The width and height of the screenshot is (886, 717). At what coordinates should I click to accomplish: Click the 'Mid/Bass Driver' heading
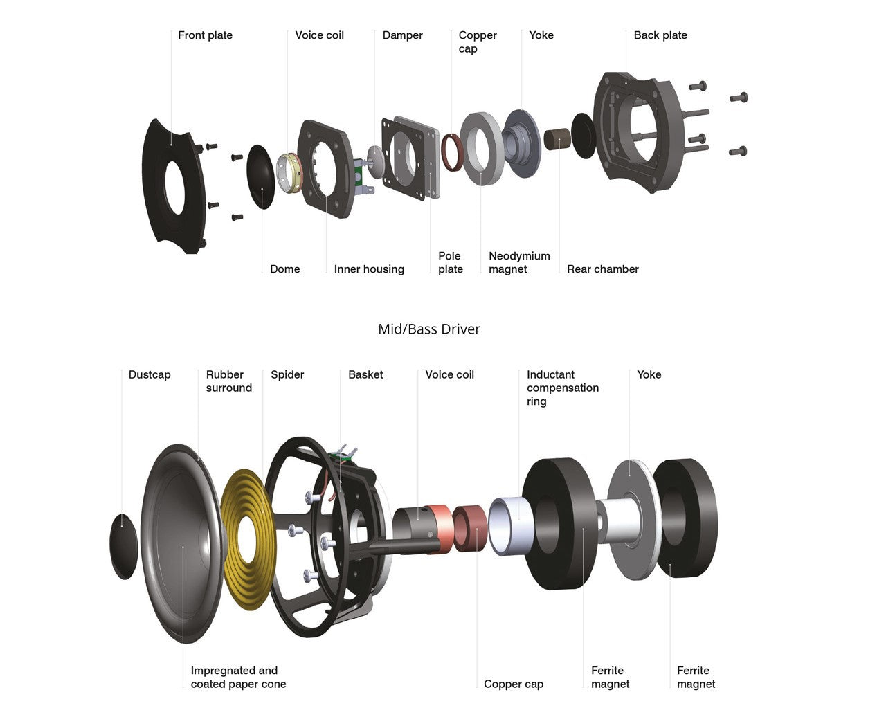428,329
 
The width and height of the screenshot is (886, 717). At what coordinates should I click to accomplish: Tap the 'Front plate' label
205,35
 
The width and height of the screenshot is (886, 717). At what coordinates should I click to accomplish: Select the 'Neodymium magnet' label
518,262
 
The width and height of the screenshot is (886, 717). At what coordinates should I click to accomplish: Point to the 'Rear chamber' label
602,269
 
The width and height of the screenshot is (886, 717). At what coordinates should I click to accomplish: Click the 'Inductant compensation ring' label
562,388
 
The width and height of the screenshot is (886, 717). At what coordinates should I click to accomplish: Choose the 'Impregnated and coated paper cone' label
237,677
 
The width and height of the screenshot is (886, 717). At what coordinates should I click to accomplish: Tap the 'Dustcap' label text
149,374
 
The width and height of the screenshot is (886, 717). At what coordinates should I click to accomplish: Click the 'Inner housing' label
368,269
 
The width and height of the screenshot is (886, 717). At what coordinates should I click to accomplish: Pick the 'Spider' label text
287,374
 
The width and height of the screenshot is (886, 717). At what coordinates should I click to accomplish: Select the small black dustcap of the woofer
125,546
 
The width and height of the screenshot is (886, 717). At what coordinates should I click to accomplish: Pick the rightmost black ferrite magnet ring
685,519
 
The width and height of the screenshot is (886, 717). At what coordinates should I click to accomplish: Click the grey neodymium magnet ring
482,149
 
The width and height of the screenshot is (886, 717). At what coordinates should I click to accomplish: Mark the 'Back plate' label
660,35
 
